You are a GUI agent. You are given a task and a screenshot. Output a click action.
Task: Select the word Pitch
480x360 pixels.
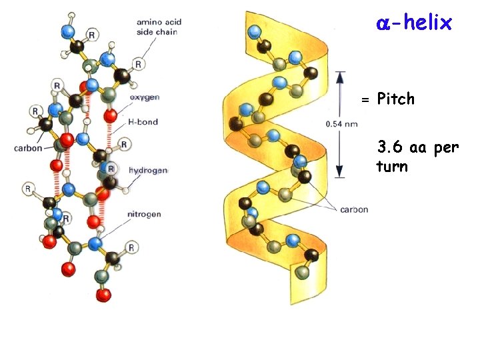395,99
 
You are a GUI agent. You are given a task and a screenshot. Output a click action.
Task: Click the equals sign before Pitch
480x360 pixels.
365,100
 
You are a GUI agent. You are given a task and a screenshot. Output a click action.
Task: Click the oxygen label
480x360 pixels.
145,97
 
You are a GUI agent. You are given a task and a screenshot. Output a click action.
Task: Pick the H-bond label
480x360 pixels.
141,121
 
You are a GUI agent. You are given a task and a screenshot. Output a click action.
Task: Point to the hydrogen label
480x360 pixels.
148,171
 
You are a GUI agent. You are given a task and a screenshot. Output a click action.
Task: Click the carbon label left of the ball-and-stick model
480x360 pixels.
28,148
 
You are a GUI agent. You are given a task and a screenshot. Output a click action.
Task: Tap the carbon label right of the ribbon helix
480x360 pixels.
353,209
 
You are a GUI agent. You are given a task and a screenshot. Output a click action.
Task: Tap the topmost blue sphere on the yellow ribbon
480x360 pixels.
254,32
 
